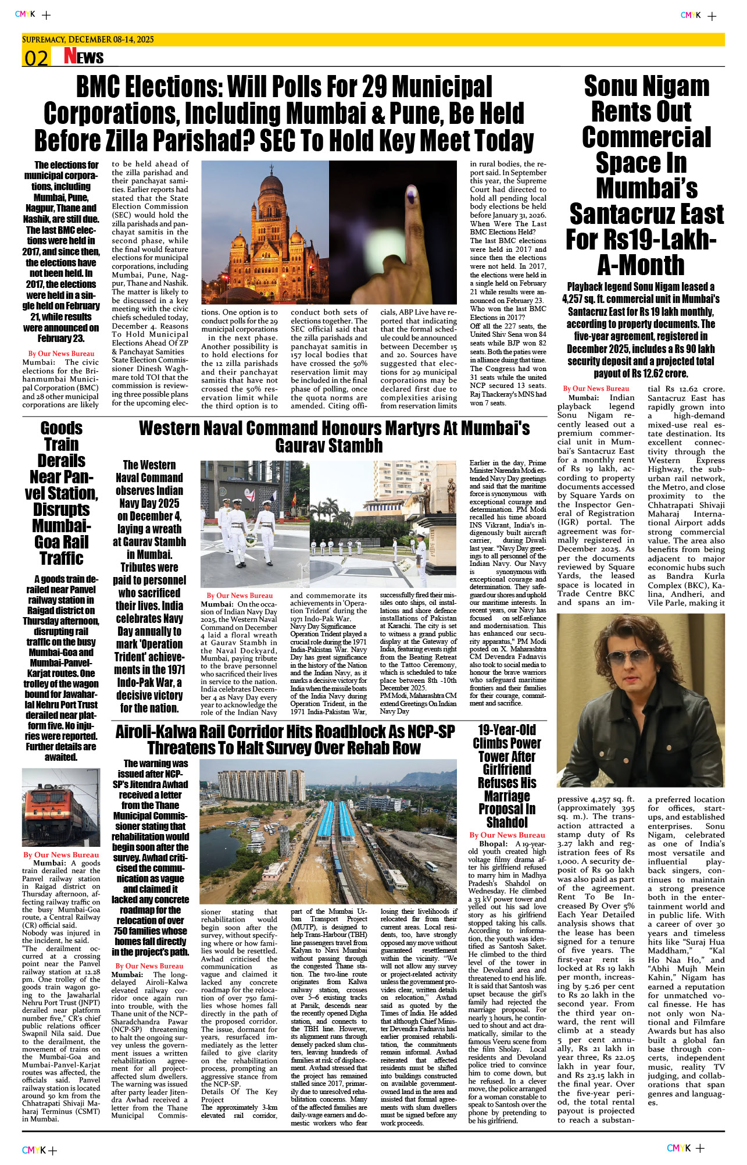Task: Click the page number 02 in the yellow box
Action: pos(36,58)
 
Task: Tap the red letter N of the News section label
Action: pos(70,56)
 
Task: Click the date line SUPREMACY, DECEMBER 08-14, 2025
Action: pos(88,40)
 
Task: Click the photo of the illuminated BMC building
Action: pos(265,233)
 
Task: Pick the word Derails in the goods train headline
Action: pos(62,461)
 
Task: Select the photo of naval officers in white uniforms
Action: pos(255,523)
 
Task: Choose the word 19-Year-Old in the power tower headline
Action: pos(507,731)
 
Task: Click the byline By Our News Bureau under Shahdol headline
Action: pos(507,835)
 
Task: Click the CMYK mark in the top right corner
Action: pos(691,15)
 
